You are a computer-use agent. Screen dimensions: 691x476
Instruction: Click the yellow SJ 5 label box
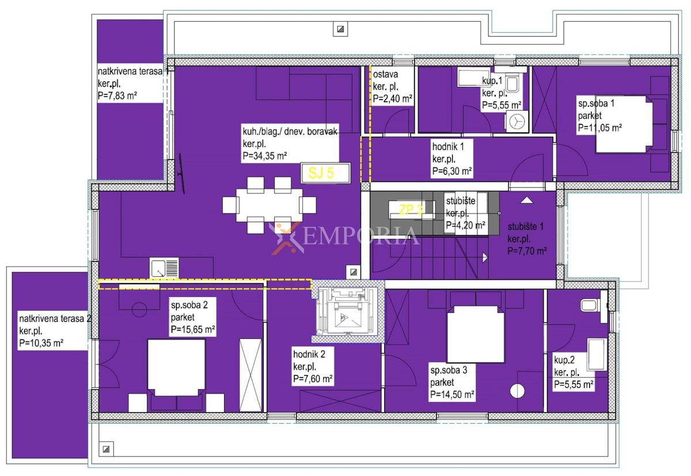(x=325, y=173)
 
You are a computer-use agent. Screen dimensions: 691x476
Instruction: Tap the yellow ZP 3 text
(x=411, y=210)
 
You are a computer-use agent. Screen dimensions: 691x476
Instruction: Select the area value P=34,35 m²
(x=265, y=155)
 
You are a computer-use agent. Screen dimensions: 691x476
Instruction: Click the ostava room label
(x=385, y=74)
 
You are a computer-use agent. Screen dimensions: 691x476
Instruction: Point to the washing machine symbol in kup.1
(x=517, y=121)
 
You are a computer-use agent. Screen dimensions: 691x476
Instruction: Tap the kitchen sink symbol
(x=164, y=268)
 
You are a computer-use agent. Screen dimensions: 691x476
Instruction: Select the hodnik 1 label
(x=448, y=146)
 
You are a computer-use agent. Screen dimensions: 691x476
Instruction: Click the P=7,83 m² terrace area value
(x=117, y=96)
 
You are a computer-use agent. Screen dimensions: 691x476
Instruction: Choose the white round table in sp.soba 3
(x=517, y=391)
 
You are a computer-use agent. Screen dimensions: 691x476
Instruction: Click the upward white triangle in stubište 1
(x=527, y=200)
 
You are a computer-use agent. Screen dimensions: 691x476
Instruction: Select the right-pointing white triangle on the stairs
(x=485, y=257)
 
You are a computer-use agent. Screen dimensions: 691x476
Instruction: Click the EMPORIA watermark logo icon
(x=284, y=237)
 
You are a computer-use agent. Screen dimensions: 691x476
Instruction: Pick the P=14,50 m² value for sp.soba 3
(x=452, y=394)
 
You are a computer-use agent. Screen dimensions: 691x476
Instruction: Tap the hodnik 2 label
(x=309, y=354)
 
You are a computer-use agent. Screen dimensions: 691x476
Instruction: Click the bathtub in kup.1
(x=474, y=77)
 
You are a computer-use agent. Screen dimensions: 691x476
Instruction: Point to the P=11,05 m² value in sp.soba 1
(x=600, y=128)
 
